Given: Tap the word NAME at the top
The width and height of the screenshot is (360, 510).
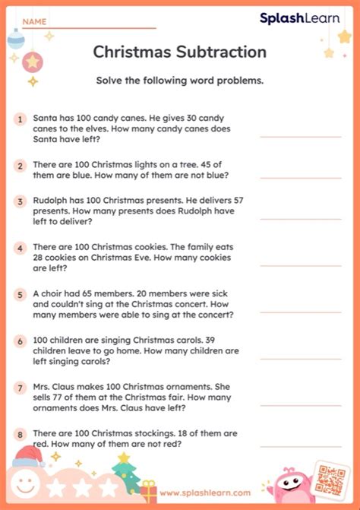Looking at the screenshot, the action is coord(34,22).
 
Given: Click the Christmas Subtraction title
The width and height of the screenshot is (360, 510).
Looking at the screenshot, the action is coord(179,52).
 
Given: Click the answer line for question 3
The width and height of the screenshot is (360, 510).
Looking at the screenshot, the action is coord(311,218).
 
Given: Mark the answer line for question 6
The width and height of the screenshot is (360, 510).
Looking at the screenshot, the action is coord(311,357).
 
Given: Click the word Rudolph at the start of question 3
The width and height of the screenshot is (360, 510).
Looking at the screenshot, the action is coord(51,200).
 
